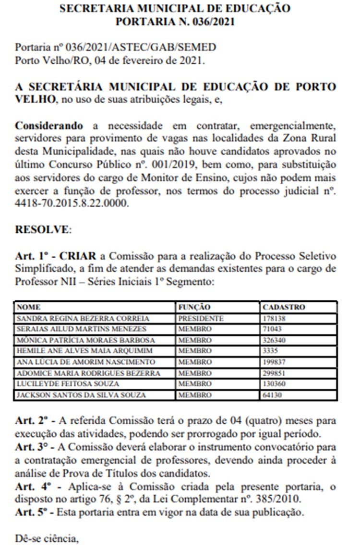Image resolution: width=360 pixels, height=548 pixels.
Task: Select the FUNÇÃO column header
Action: point(194,307)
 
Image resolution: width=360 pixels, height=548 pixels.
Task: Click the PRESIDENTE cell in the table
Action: point(201,318)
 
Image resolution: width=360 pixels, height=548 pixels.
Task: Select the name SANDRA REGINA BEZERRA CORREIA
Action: point(83,318)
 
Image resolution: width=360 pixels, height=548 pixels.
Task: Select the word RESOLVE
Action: point(42,229)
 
